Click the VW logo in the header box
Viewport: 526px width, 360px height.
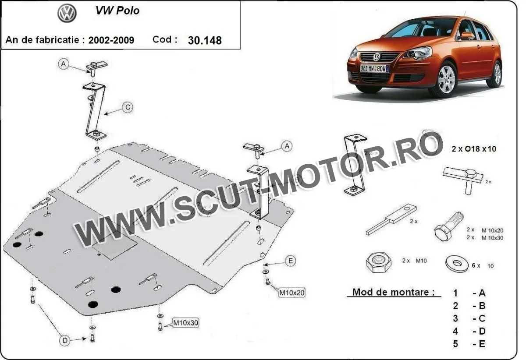[x=67, y=14]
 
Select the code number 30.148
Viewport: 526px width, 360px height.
[x=204, y=40]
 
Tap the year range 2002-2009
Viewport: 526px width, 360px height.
[x=111, y=40]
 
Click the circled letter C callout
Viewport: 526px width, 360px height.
[x=127, y=107]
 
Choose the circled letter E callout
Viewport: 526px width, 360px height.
[x=290, y=261]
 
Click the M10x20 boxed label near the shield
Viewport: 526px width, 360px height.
[x=291, y=292]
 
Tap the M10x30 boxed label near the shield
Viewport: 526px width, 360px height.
[x=185, y=323]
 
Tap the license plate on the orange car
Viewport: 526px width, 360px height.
[x=374, y=68]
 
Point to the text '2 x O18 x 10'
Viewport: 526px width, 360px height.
[x=474, y=149]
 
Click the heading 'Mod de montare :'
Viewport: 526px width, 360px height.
[x=393, y=292]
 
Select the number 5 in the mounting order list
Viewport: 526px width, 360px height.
[x=455, y=344]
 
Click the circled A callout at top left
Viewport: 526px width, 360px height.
[x=64, y=64]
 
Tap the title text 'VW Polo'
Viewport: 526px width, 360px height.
[x=117, y=11]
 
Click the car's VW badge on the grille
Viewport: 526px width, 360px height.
[x=377, y=57]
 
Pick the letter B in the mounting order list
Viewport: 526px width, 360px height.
[x=482, y=306]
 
